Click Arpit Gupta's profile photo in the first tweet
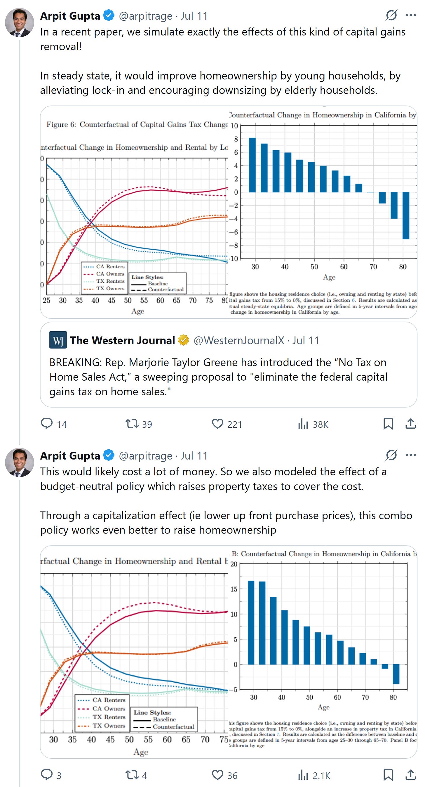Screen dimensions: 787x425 point(19,23)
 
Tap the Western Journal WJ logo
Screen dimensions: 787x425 point(58,340)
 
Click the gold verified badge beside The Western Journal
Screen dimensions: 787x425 point(183,340)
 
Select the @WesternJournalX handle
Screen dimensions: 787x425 point(238,340)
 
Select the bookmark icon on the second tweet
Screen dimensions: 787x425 point(388,775)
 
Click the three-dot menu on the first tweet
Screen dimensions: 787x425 point(410,15)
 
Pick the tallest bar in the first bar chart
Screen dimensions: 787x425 point(252,165)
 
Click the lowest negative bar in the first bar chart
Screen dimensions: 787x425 point(405,215)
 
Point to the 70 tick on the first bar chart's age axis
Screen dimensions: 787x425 point(373,267)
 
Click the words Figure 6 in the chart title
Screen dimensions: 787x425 point(61,124)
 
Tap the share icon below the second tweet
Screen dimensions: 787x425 point(411,775)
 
